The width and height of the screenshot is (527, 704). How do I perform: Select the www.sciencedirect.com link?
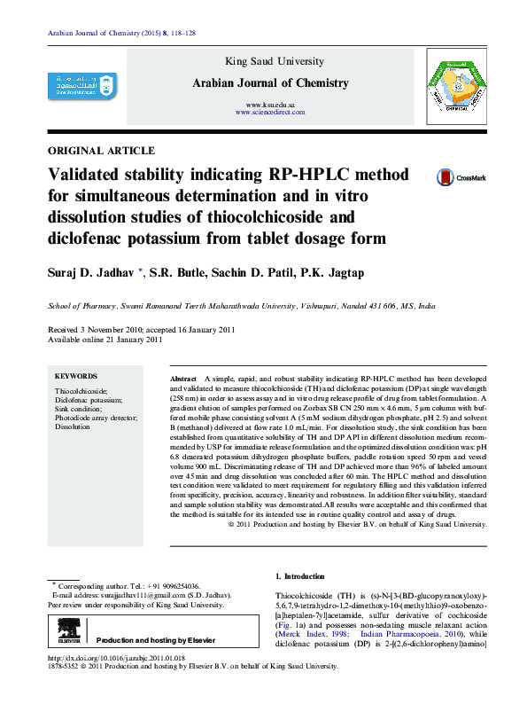(x=271, y=113)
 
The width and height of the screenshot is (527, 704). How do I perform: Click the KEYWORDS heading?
(x=76, y=376)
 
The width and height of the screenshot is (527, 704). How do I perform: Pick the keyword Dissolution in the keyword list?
(x=73, y=426)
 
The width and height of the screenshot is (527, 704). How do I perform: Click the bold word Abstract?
(x=183, y=379)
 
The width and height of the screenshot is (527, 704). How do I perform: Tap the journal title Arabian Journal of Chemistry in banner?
(x=270, y=82)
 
